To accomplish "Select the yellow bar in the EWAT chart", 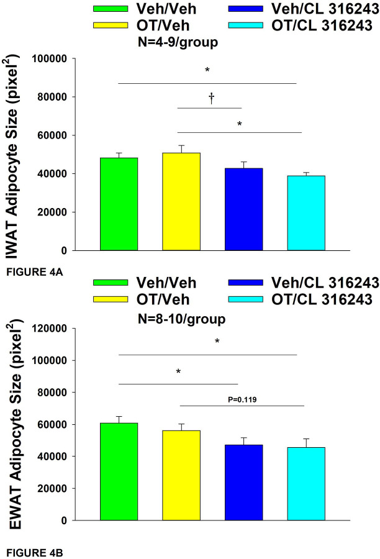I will pyautogui.click(x=181, y=476).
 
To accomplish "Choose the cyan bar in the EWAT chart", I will pyautogui.click(x=305, y=484).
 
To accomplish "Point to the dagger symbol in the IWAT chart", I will pyautogui.click(x=211, y=99).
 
